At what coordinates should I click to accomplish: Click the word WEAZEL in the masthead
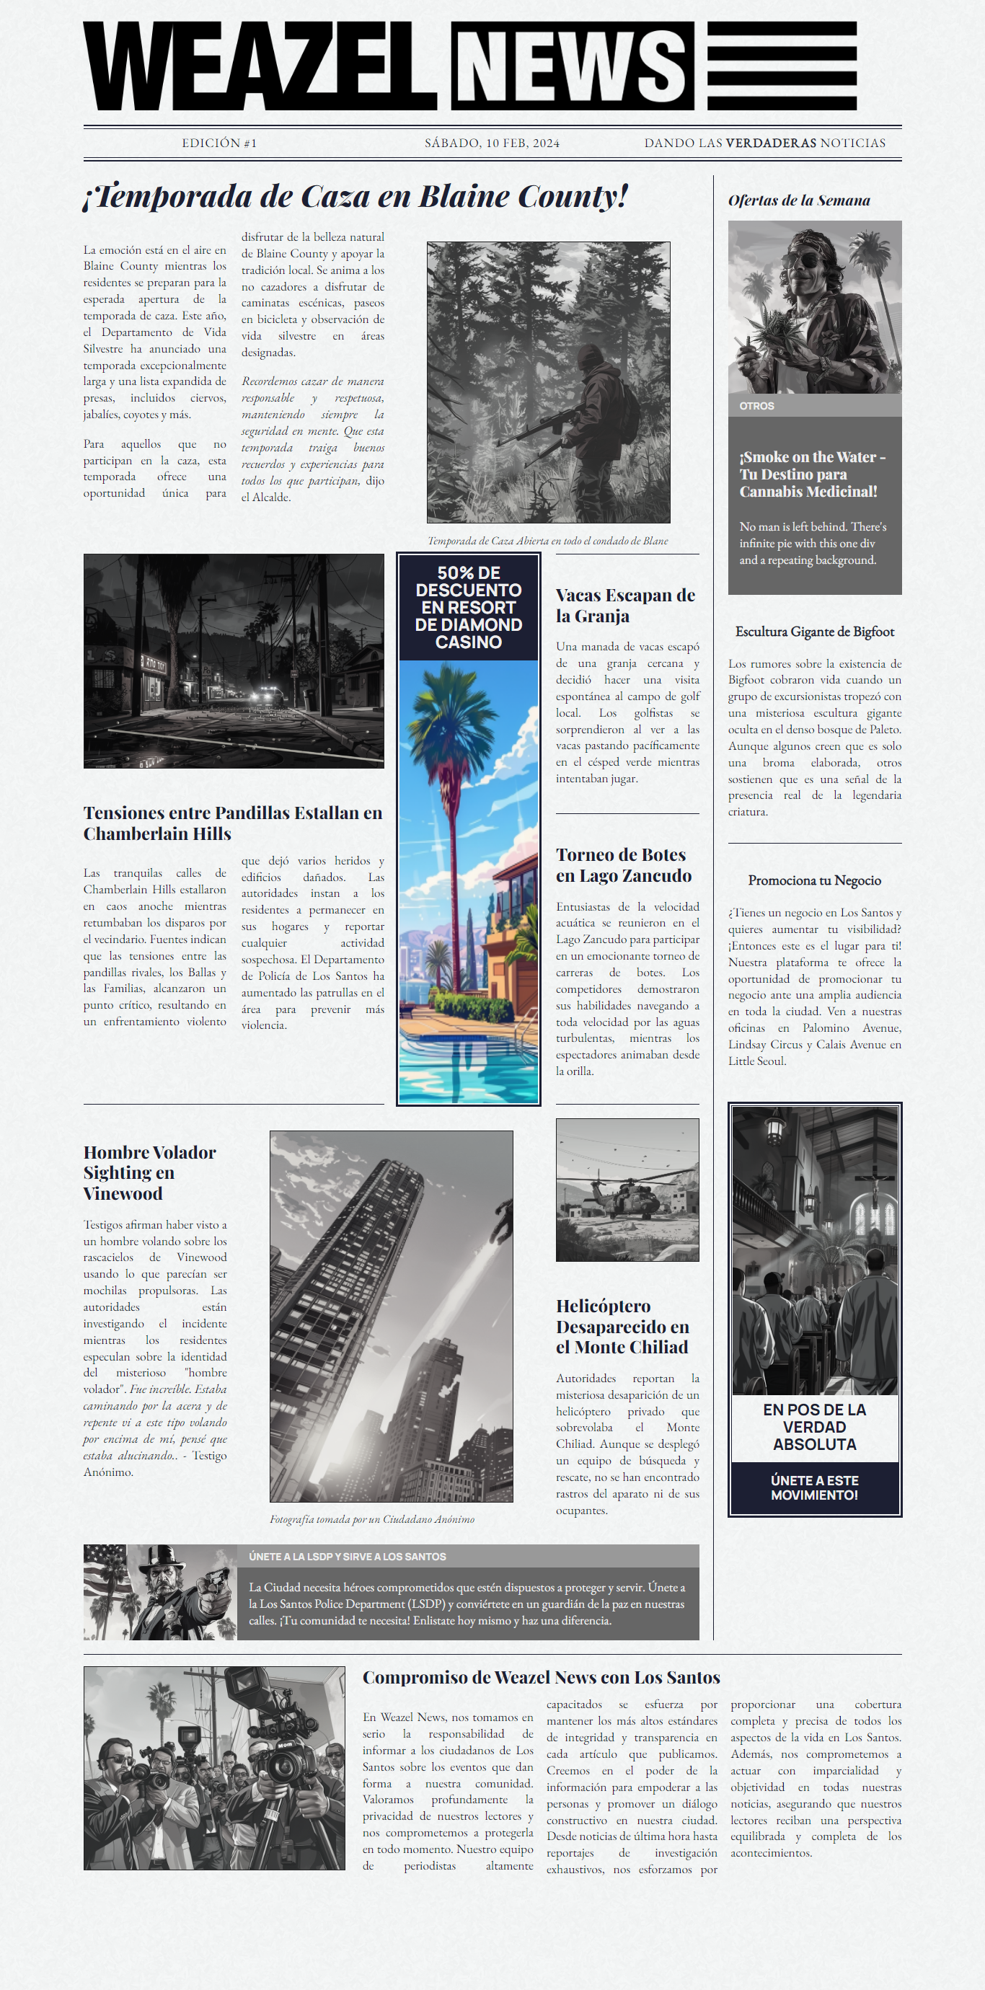click(260, 66)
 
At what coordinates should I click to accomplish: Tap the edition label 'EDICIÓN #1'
click(219, 143)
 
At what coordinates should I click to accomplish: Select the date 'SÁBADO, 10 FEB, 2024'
click(492, 143)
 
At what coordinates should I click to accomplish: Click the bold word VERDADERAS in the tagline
click(770, 143)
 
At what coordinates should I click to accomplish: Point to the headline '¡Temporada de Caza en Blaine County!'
click(355, 196)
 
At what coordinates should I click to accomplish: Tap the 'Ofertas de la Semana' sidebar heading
click(799, 201)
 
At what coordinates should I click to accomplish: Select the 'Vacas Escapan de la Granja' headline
click(626, 606)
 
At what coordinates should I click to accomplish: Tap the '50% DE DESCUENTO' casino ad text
click(468, 607)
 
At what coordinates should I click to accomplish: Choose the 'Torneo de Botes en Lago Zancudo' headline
click(624, 865)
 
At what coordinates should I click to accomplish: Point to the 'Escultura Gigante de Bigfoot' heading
click(814, 632)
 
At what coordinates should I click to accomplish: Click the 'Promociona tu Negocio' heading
click(814, 880)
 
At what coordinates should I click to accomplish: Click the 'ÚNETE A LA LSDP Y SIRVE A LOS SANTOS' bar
click(348, 1557)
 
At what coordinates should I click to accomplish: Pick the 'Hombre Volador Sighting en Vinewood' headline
click(149, 1172)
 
